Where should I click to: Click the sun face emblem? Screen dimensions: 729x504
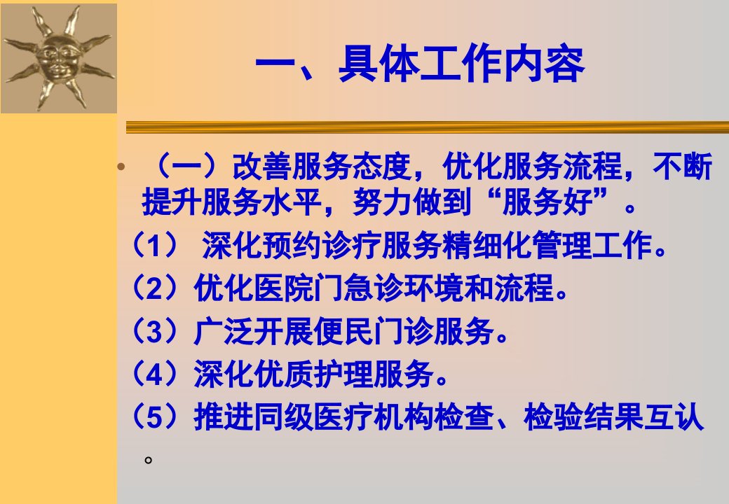[58, 58]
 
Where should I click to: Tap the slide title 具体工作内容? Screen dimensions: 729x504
[461, 64]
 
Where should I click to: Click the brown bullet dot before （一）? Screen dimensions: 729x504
[121, 166]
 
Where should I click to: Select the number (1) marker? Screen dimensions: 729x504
[156, 245]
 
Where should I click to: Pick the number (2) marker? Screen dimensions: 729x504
[156, 288]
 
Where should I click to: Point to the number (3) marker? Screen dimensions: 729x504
[156, 331]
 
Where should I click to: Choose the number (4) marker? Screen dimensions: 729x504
[156, 374]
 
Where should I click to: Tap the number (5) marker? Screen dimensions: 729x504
[156, 416]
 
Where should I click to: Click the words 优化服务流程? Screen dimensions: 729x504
[532, 167]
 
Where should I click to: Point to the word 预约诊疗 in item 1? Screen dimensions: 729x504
[322, 245]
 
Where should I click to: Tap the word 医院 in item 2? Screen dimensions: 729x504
[284, 288]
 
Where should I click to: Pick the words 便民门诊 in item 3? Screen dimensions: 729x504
[374, 331]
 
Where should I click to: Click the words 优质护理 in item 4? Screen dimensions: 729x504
[314, 374]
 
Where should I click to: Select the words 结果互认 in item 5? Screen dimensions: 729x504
[643, 416]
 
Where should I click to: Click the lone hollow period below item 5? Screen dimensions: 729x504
[149, 460]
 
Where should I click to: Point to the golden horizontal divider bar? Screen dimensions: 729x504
[428, 127]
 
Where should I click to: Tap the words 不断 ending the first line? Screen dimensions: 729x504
[683, 167]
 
